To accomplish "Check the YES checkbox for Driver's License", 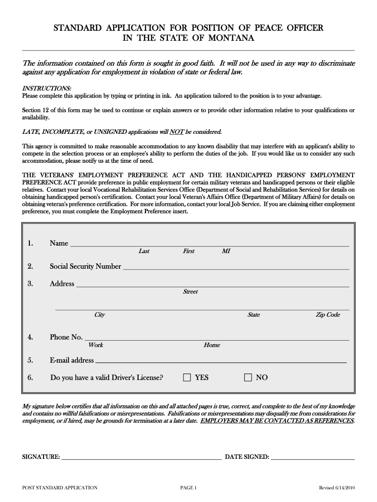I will (187, 377).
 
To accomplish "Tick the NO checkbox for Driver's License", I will (248, 377).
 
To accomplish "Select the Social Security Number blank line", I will (236, 268).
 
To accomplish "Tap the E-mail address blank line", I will (220, 361).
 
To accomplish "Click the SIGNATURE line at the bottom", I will (141, 458).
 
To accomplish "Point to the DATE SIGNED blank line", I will (312, 458).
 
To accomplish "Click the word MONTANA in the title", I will (227, 38).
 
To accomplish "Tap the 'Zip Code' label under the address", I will (328, 315).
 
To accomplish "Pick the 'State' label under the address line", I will (254, 315).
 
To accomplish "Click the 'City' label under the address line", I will (99, 315).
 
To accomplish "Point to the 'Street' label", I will (190, 292).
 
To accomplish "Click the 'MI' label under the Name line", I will (226, 251).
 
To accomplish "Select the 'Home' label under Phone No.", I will (212, 345).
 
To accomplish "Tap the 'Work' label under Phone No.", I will (95, 345).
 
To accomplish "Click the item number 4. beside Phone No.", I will (30, 337).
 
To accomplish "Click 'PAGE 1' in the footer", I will (188, 488).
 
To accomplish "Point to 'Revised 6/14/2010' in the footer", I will (337, 488).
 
